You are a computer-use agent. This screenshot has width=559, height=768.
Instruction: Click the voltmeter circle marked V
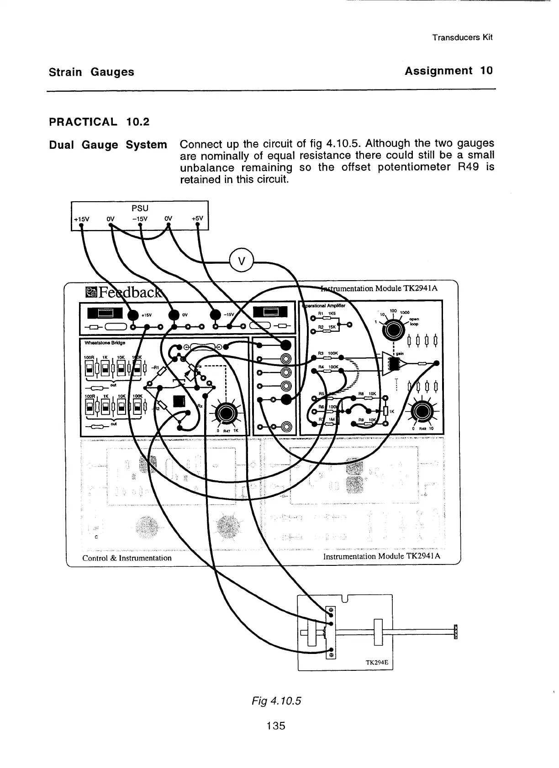coord(242,261)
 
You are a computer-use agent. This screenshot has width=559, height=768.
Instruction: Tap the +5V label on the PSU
coord(197,219)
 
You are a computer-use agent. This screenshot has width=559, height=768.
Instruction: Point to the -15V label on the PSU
coord(139,219)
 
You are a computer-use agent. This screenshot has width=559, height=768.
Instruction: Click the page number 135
coord(276,726)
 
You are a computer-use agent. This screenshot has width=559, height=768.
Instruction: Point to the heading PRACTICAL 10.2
coord(99,122)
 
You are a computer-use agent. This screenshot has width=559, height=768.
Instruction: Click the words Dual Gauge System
coord(108,145)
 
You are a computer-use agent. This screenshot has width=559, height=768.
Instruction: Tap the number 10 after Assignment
coord(486,71)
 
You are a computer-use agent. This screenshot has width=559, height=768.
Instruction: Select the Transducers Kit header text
coord(462,37)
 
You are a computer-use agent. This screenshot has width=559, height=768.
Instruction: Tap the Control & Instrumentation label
coord(127,558)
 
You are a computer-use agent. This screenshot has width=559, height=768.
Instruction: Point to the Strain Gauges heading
coord(91,72)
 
